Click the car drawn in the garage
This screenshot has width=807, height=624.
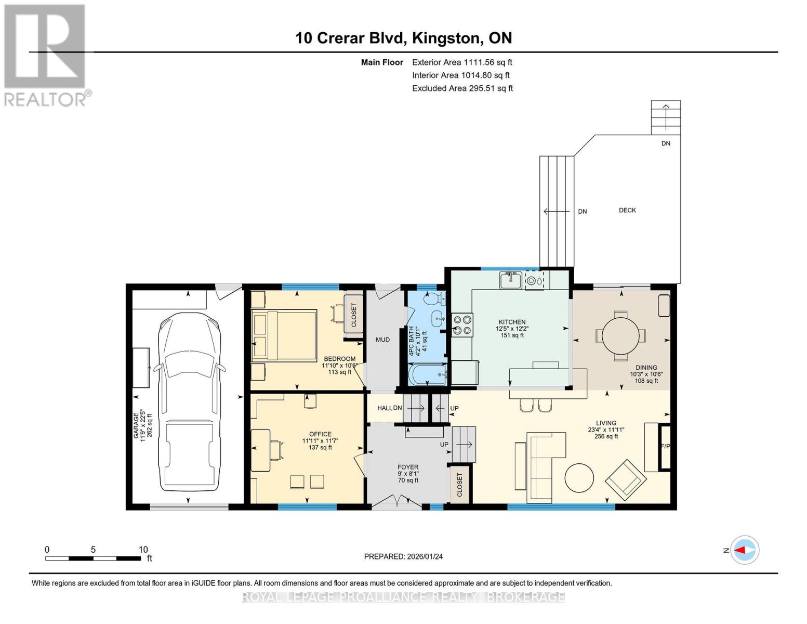pos(189,402)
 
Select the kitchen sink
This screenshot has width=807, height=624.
pos(511,280)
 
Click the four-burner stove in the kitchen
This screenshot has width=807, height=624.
pos(462,325)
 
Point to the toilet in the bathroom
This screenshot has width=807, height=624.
pos(435,298)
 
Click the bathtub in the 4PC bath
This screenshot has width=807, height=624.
pos(427,374)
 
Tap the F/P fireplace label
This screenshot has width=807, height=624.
pos(665,446)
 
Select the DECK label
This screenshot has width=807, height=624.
pos(627,211)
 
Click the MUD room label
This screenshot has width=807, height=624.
pos(382,340)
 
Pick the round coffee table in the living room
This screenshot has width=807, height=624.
pos(579,478)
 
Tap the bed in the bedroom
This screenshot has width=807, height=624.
pos(284,335)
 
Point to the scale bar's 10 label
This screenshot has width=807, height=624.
pos(143,550)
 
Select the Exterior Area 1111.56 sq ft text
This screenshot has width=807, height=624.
pos(462,62)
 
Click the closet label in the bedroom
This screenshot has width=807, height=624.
pos(353,315)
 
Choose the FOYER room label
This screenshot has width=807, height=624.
pos(408,467)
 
